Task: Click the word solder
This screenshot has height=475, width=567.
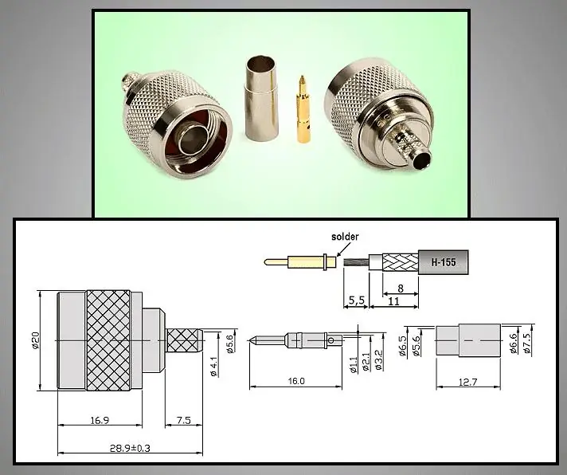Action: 345,237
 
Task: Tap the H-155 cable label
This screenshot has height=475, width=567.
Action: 444,262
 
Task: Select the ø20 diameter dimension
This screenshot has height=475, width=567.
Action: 35,340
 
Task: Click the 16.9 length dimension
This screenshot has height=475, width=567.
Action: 100,420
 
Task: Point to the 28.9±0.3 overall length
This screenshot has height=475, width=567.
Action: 130,448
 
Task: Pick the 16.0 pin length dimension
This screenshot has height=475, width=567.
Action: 296,381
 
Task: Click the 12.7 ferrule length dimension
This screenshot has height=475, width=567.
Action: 468,382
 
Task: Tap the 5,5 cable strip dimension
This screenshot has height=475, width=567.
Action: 356,300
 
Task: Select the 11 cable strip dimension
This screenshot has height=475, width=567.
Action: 393,301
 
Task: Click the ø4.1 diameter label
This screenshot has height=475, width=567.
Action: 213,367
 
